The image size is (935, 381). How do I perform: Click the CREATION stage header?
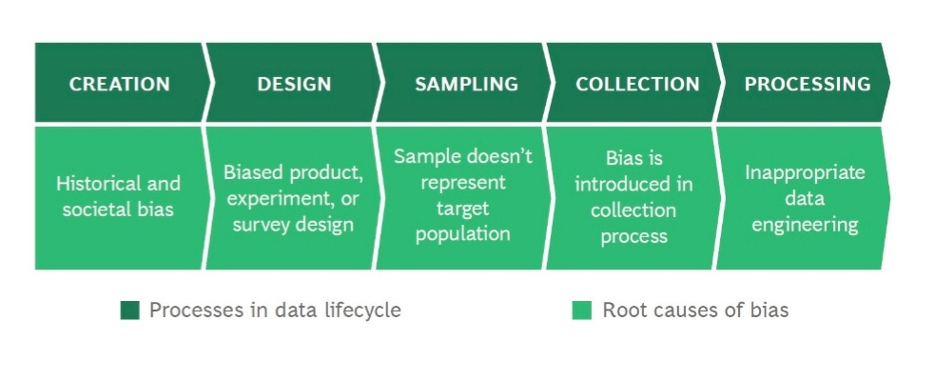tap(119, 84)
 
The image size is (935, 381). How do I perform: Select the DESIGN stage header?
tap(294, 84)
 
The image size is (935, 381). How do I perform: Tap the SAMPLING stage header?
tap(466, 84)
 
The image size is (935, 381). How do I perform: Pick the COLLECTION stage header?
tap(637, 84)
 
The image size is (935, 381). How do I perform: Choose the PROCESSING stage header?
tap(808, 84)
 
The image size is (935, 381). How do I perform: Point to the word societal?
tap(98, 210)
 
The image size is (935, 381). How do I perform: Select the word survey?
tap(261, 225)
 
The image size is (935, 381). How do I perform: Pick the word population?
tap(462, 234)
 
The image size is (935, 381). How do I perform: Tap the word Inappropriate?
tap(805, 173)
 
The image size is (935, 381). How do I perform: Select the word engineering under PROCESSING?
tap(805, 225)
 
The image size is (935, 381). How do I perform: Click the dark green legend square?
tap(130, 311)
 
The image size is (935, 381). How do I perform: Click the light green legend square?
tap(582, 311)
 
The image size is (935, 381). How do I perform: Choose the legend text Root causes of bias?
tap(695, 311)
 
